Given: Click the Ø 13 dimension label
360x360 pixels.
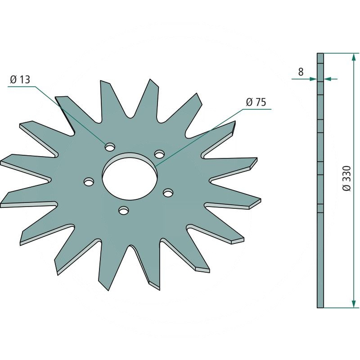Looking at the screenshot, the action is point(20,80).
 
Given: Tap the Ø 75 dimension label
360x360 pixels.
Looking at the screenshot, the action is point(256,102).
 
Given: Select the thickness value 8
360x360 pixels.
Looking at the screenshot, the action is point(301,72).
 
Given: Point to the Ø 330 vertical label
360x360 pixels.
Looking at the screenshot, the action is point(346,178).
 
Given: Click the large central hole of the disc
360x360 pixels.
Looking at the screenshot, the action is point(130,176).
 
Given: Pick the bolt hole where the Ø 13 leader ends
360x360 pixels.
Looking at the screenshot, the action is point(110,147).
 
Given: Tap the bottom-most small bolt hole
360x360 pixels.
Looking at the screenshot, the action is point(123,210).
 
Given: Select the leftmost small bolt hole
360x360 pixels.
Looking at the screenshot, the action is point(89,182).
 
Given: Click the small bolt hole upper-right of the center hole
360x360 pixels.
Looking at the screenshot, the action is point(159,153).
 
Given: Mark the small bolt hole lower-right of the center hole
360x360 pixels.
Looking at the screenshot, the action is point(168,193).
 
